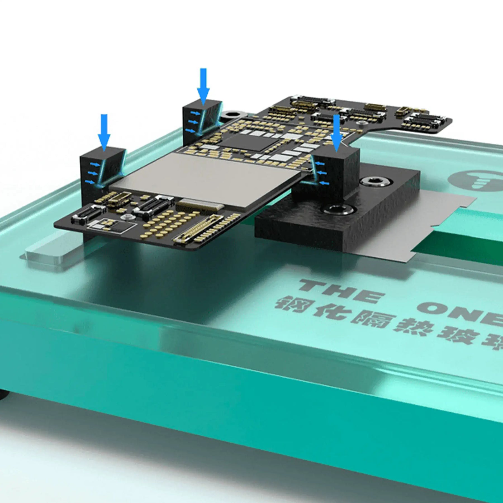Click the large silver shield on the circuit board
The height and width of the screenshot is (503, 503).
click(207, 179)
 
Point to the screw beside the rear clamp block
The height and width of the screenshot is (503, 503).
click(232, 115)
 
